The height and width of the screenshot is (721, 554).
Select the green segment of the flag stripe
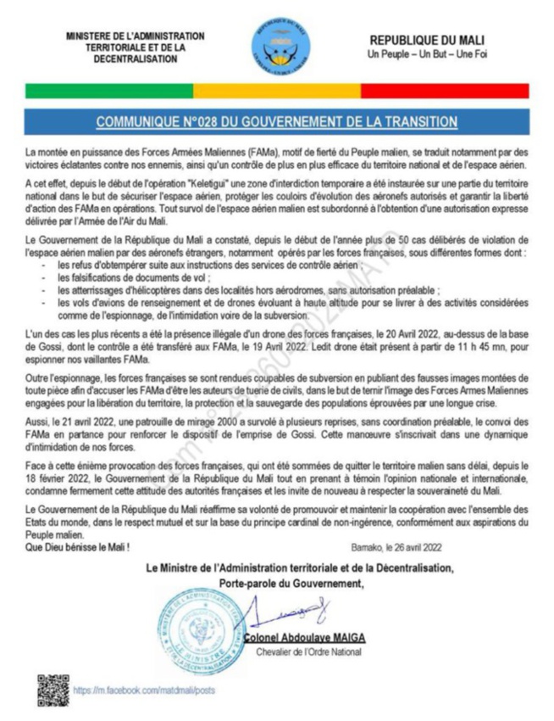110,90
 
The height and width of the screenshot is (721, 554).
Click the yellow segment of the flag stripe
277,90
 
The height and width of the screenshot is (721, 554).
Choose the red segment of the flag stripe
444,90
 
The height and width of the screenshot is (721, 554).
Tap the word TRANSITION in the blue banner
415,122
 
